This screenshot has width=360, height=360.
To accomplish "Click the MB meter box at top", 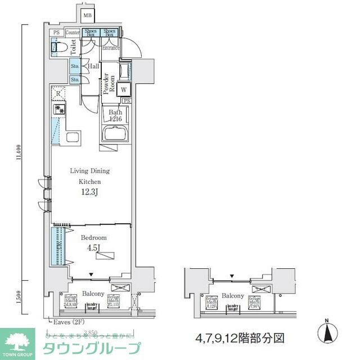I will pos(88,15).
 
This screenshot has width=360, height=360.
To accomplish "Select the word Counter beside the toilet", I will pos(73,33).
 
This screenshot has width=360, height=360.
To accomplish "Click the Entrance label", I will pos(111,48).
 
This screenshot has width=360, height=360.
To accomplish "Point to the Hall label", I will pos(93,66).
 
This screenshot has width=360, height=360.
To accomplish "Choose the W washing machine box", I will pos(124,89).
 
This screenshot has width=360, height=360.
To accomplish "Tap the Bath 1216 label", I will pos(116,115).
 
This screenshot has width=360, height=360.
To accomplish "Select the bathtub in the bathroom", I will pos(116,134).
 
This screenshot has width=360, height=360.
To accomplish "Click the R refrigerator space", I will pos(58,93).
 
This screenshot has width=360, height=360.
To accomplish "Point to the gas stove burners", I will pos(58,110).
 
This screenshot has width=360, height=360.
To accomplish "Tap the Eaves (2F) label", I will pos(63,322).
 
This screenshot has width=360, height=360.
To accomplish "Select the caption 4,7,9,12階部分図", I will pos(240,338).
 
